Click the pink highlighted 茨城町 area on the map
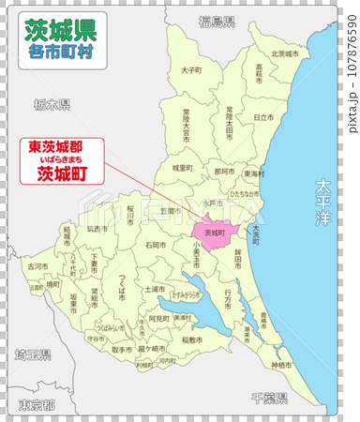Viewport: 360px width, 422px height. pos(215,232)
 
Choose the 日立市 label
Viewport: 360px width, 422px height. pos(265,117)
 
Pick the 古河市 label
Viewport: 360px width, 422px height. pos(37,266)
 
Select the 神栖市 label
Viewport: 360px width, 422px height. pos(281,364)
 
